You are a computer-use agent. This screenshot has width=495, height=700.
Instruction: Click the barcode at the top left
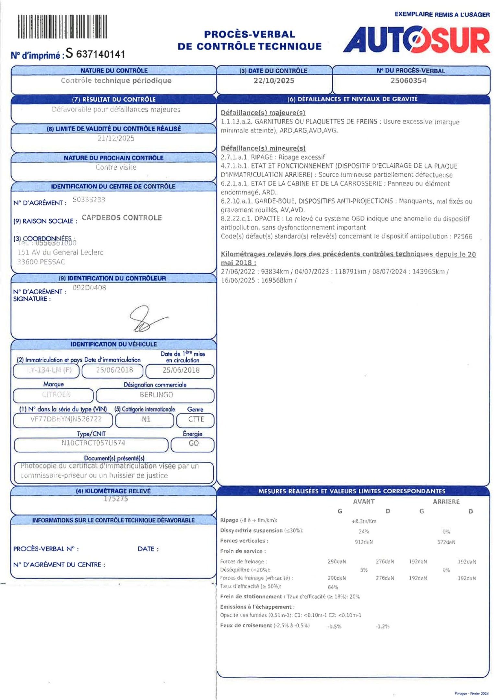(x=62, y=27)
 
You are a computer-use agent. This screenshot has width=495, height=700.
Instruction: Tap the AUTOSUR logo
(x=416, y=40)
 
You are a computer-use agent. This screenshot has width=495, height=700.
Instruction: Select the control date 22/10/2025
(x=274, y=81)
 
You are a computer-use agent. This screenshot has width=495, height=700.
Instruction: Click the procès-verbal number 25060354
(x=408, y=81)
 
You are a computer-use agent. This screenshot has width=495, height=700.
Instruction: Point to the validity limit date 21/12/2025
(x=116, y=138)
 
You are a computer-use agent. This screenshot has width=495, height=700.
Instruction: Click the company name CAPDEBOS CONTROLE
(x=122, y=218)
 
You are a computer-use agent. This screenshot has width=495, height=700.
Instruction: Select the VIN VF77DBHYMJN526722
(x=66, y=419)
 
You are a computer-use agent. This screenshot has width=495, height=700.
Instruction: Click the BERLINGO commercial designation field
(x=156, y=395)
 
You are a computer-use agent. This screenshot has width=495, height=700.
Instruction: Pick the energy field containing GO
(x=194, y=443)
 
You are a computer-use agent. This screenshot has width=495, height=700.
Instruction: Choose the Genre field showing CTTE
(x=196, y=419)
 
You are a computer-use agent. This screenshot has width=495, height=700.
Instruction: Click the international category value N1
(x=146, y=419)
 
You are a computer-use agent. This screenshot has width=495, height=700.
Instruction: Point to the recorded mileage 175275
(x=116, y=499)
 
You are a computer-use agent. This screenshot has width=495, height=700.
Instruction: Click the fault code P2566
(x=463, y=237)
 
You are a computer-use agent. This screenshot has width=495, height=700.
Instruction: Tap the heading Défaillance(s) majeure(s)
(x=263, y=113)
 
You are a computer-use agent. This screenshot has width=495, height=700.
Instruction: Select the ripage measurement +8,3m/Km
(x=364, y=521)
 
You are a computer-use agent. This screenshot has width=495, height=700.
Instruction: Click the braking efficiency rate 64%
(x=333, y=587)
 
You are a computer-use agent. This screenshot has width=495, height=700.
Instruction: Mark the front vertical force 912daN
(x=364, y=542)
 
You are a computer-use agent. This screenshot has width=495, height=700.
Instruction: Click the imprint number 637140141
(x=100, y=54)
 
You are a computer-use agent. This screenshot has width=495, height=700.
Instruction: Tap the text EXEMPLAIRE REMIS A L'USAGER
(x=442, y=15)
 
